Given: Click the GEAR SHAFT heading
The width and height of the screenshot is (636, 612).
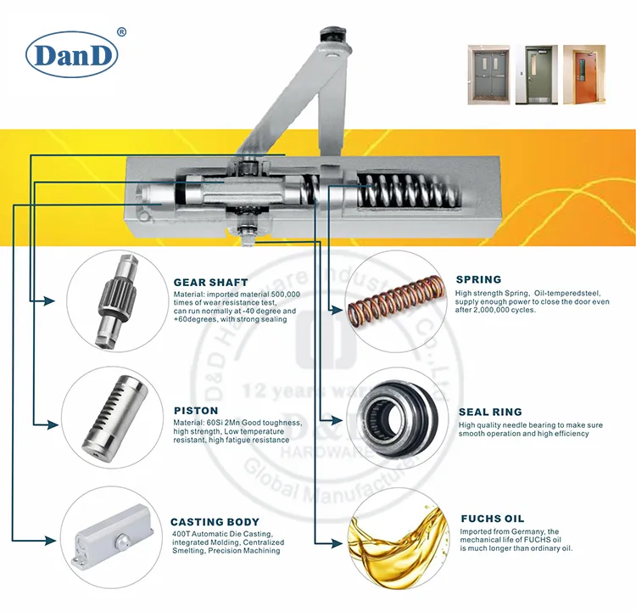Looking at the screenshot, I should (x=210, y=282).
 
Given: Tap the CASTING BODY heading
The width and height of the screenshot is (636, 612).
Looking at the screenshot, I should (x=215, y=522).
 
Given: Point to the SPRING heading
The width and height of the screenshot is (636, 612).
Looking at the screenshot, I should (x=478, y=279).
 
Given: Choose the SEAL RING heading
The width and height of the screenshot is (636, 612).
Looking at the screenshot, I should (x=489, y=412).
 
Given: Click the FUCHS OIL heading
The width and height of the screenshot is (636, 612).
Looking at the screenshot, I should (x=492, y=519).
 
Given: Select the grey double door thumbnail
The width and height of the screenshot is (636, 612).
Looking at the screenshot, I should (x=488, y=75).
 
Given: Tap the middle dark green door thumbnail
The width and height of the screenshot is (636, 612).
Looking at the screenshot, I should (x=536, y=75).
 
